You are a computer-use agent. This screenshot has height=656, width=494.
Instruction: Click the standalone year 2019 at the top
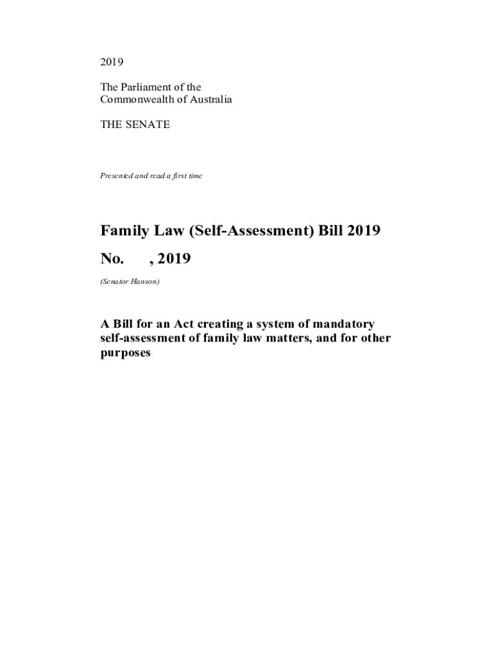click(111, 62)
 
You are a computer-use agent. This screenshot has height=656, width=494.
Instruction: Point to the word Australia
click(209, 100)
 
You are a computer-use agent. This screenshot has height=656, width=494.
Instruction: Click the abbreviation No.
click(112, 259)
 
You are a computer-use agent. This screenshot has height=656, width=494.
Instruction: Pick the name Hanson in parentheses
click(144, 282)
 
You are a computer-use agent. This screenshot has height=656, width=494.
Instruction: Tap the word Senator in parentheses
click(115, 282)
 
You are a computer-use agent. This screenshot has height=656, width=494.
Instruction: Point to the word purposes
click(125, 353)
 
